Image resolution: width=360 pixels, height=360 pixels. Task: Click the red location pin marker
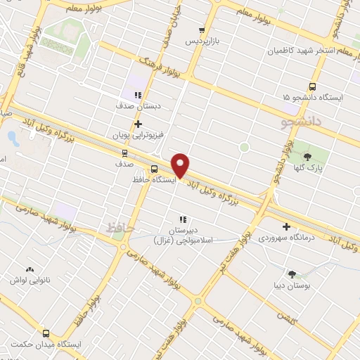pyautogui.click(x=181, y=165)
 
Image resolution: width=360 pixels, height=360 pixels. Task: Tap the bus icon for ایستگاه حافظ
pyautogui.click(x=154, y=169)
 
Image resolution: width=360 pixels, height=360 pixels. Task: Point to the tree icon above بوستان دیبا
pyautogui.click(x=292, y=274)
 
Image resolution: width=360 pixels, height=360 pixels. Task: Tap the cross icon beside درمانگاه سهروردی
pyautogui.click(x=286, y=226)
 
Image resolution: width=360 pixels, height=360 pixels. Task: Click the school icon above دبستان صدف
pyautogui.click(x=138, y=95)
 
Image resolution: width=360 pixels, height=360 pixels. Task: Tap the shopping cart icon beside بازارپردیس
pyautogui.click(x=202, y=30)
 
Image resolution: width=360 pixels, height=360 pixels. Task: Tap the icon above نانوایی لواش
pyautogui.click(x=30, y=270)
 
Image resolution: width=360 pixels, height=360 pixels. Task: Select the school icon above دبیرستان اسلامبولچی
pyautogui.click(x=183, y=219)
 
